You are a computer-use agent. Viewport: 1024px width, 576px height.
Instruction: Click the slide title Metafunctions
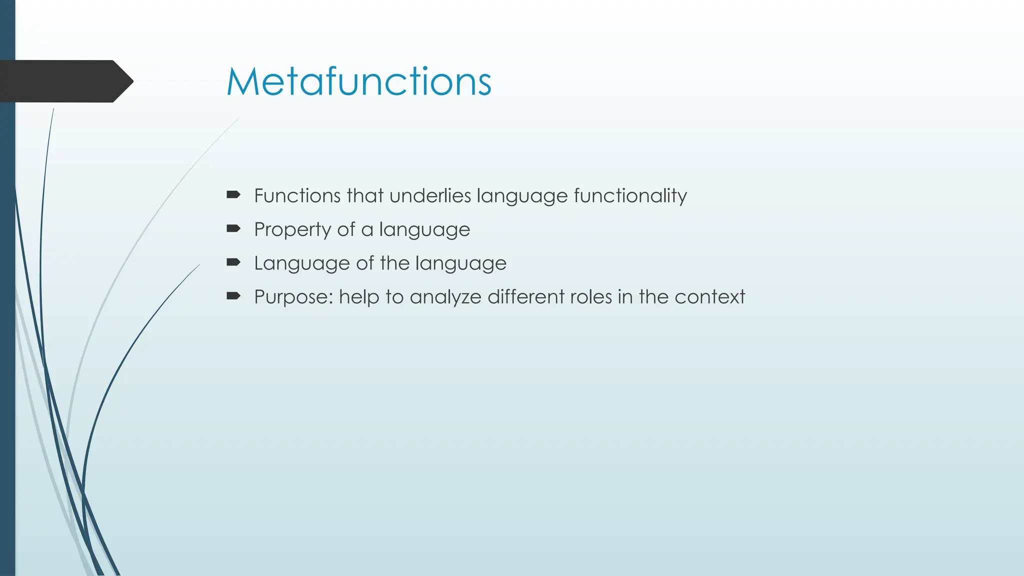pyautogui.click(x=358, y=81)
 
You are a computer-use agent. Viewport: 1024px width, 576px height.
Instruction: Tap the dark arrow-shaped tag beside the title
pyautogui.click(x=65, y=81)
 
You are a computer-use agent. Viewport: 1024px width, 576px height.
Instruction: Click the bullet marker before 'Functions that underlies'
pyautogui.click(x=233, y=194)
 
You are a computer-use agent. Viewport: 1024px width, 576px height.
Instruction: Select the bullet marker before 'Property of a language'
pyautogui.click(x=233, y=228)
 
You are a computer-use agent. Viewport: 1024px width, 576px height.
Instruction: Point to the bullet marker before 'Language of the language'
pyautogui.click(x=233, y=262)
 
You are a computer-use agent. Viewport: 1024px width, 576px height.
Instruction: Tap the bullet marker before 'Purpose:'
pyautogui.click(x=233, y=296)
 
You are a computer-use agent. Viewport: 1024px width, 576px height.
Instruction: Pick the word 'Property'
pyautogui.click(x=292, y=230)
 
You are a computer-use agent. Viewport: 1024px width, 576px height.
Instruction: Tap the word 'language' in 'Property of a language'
pyautogui.click(x=424, y=230)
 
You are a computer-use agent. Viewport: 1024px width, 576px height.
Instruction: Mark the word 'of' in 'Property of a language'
pyautogui.click(x=346, y=229)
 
